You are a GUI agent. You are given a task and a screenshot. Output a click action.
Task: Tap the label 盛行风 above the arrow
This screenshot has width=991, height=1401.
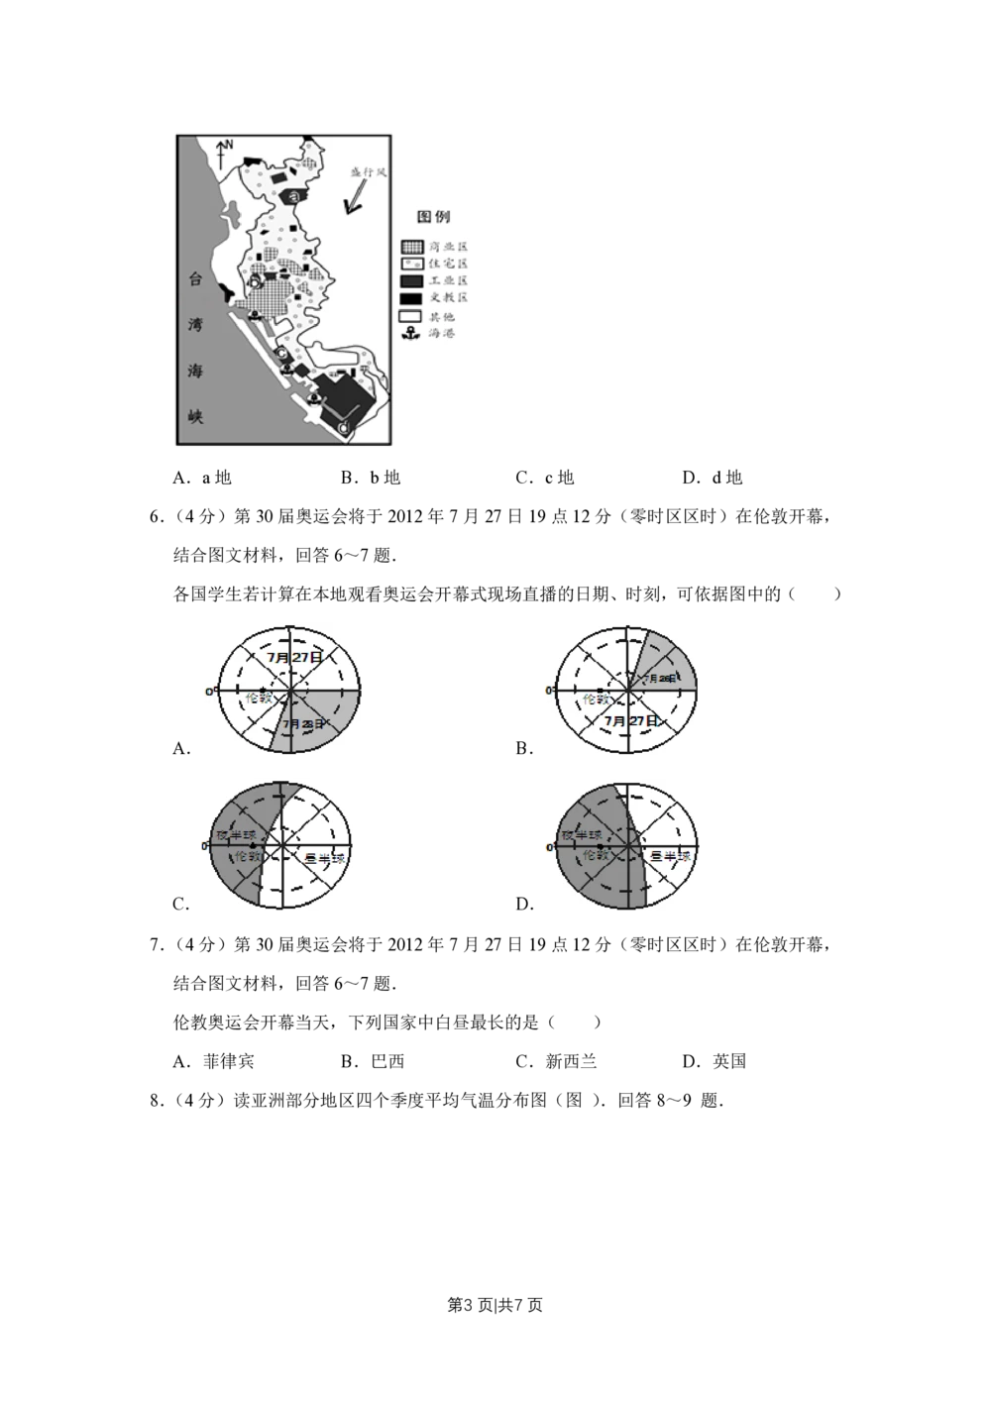tap(368, 172)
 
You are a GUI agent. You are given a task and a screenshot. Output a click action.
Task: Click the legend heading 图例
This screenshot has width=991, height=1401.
tap(434, 217)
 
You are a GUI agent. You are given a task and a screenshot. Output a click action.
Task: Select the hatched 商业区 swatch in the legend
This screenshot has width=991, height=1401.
tap(411, 247)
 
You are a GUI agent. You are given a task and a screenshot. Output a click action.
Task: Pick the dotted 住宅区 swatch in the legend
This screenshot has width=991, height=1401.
tap(411, 265)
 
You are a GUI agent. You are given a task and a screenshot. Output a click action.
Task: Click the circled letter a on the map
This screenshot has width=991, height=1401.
tap(295, 196)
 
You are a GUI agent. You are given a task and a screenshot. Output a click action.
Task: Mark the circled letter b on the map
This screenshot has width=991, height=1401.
tap(255, 282)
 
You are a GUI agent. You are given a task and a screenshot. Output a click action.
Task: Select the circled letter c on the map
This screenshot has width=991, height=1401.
tap(281, 354)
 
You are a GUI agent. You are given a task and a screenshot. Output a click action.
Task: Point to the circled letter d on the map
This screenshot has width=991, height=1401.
tap(343, 427)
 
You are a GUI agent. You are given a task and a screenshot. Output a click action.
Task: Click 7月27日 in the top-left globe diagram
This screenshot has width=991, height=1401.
tap(294, 657)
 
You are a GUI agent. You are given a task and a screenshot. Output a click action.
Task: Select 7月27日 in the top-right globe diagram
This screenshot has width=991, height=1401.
tap(630, 721)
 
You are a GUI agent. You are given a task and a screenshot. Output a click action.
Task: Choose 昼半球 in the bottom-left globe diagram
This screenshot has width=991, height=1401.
tap(324, 858)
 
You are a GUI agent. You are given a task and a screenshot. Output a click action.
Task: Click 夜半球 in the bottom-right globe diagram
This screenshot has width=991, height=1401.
tap(581, 835)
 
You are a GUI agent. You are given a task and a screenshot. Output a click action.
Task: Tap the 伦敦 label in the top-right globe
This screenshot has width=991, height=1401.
tap(597, 700)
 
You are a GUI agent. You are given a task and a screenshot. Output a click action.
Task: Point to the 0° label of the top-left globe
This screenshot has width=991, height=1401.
tap(210, 691)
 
